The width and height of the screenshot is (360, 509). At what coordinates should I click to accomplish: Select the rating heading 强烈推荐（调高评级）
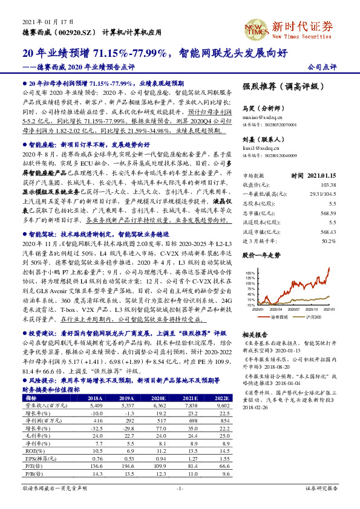pos(280,86)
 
